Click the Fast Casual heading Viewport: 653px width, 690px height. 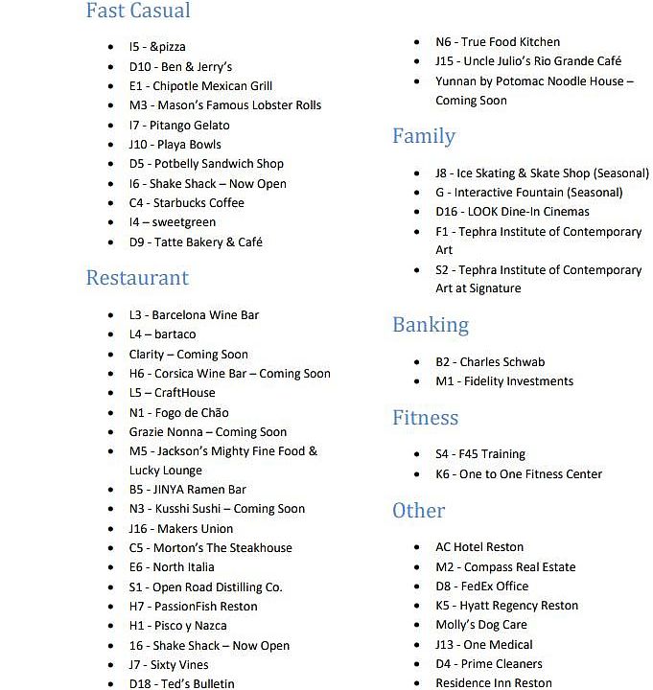[138, 11]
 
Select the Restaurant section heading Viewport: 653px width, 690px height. [137, 278]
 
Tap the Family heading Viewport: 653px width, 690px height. [423, 136]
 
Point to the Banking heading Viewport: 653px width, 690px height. [431, 325]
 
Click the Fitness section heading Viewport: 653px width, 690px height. [425, 418]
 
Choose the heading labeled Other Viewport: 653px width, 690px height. [418, 511]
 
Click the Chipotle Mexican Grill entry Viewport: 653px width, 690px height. [200, 85]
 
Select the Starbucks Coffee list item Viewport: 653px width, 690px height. [186, 202]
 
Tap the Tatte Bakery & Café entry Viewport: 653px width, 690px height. [196, 241]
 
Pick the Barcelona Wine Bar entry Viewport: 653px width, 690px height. [194, 314]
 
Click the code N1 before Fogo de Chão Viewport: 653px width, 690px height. [137, 412]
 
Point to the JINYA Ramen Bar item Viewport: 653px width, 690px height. [188, 490]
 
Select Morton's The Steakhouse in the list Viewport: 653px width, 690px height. [210, 548]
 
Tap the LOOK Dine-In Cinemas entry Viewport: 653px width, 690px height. [512, 212]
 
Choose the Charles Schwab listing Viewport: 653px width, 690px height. [490, 362]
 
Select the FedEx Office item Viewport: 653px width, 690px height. [481, 586]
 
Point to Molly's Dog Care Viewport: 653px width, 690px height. [481, 625]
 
